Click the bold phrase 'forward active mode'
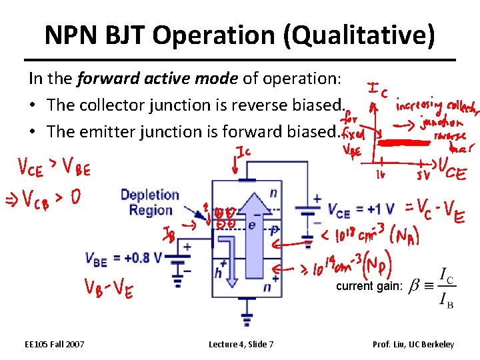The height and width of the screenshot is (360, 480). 159,79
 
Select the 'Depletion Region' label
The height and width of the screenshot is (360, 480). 150,202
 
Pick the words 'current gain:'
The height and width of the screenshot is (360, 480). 369,286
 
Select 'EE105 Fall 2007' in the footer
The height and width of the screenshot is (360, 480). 54,344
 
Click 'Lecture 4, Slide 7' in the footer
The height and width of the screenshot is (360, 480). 241,344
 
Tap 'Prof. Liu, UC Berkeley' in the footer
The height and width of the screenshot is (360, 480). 413,344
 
